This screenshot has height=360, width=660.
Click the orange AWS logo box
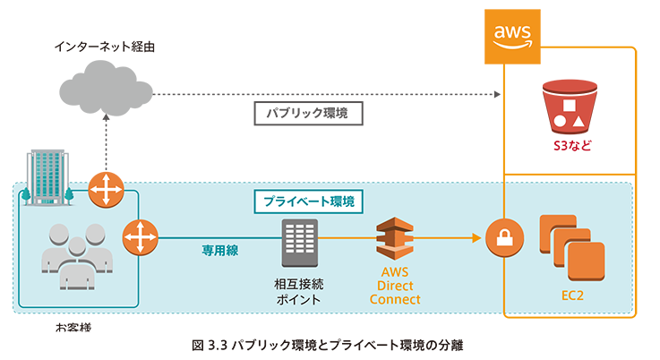pos(512,37)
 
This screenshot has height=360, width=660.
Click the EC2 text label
pos(573,294)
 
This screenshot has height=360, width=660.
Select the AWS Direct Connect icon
pos(396,238)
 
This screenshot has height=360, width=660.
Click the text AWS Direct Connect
pos(396,286)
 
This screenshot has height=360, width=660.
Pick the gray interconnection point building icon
pos(299,242)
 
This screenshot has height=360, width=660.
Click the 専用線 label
pos(219,252)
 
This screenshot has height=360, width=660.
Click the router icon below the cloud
pos(106,191)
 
